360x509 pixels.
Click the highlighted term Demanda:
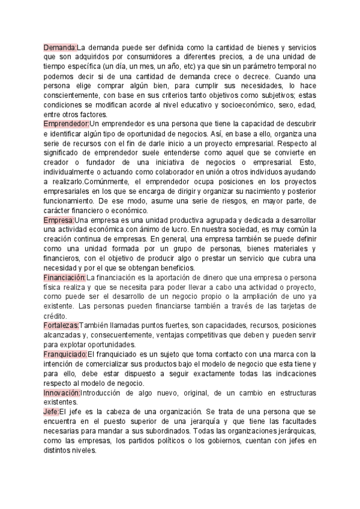point(61,47)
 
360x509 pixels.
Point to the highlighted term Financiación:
point(65,278)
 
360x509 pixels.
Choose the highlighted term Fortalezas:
point(61,325)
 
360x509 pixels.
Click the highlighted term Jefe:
point(52,411)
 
